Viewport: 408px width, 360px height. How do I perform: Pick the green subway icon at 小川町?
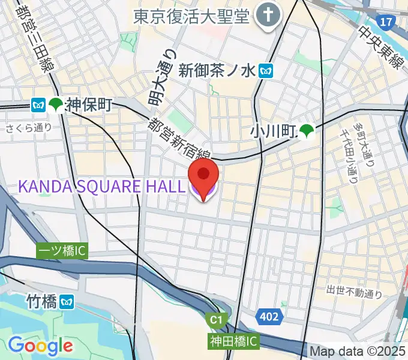point(307,131)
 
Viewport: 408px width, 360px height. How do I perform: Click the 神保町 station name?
point(89,105)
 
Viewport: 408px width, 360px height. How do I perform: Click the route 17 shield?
point(387,22)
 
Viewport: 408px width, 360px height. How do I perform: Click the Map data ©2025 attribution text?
point(357,351)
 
